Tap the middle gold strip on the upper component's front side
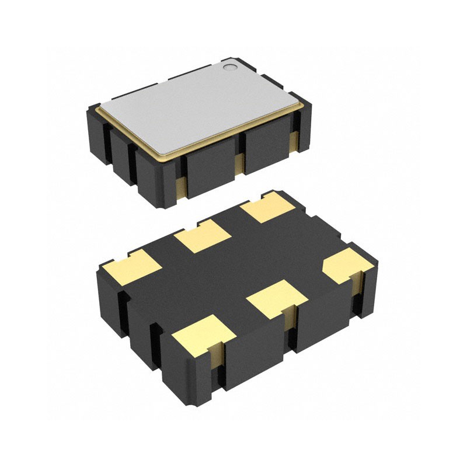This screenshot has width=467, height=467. tap(239, 165)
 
